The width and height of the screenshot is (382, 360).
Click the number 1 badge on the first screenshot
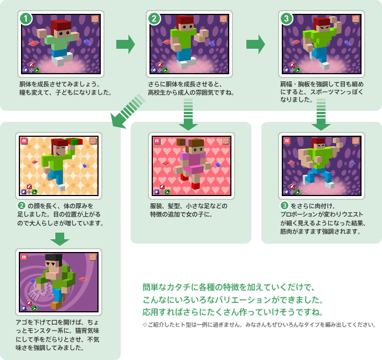(26, 18)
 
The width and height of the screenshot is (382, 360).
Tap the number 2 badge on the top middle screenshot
(154, 18)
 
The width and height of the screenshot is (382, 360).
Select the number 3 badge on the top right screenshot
(287, 18)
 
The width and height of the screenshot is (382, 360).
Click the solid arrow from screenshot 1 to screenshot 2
(126, 44)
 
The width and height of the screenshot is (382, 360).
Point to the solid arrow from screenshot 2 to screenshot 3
(256, 44)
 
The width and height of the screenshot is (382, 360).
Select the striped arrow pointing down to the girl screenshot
(188, 114)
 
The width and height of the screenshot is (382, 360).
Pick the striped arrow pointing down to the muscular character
(321, 114)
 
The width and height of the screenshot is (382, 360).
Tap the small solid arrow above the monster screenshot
(60, 239)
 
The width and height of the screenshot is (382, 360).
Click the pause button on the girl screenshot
(157, 141)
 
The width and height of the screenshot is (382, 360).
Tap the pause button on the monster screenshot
(24, 257)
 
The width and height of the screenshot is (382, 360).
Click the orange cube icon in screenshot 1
(95, 19)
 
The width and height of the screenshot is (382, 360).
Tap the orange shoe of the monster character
(56, 305)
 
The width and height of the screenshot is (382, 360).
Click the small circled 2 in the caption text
(22, 205)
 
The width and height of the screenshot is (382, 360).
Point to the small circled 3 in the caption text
(284, 205)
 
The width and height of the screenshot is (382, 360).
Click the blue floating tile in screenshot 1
(87, 42)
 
